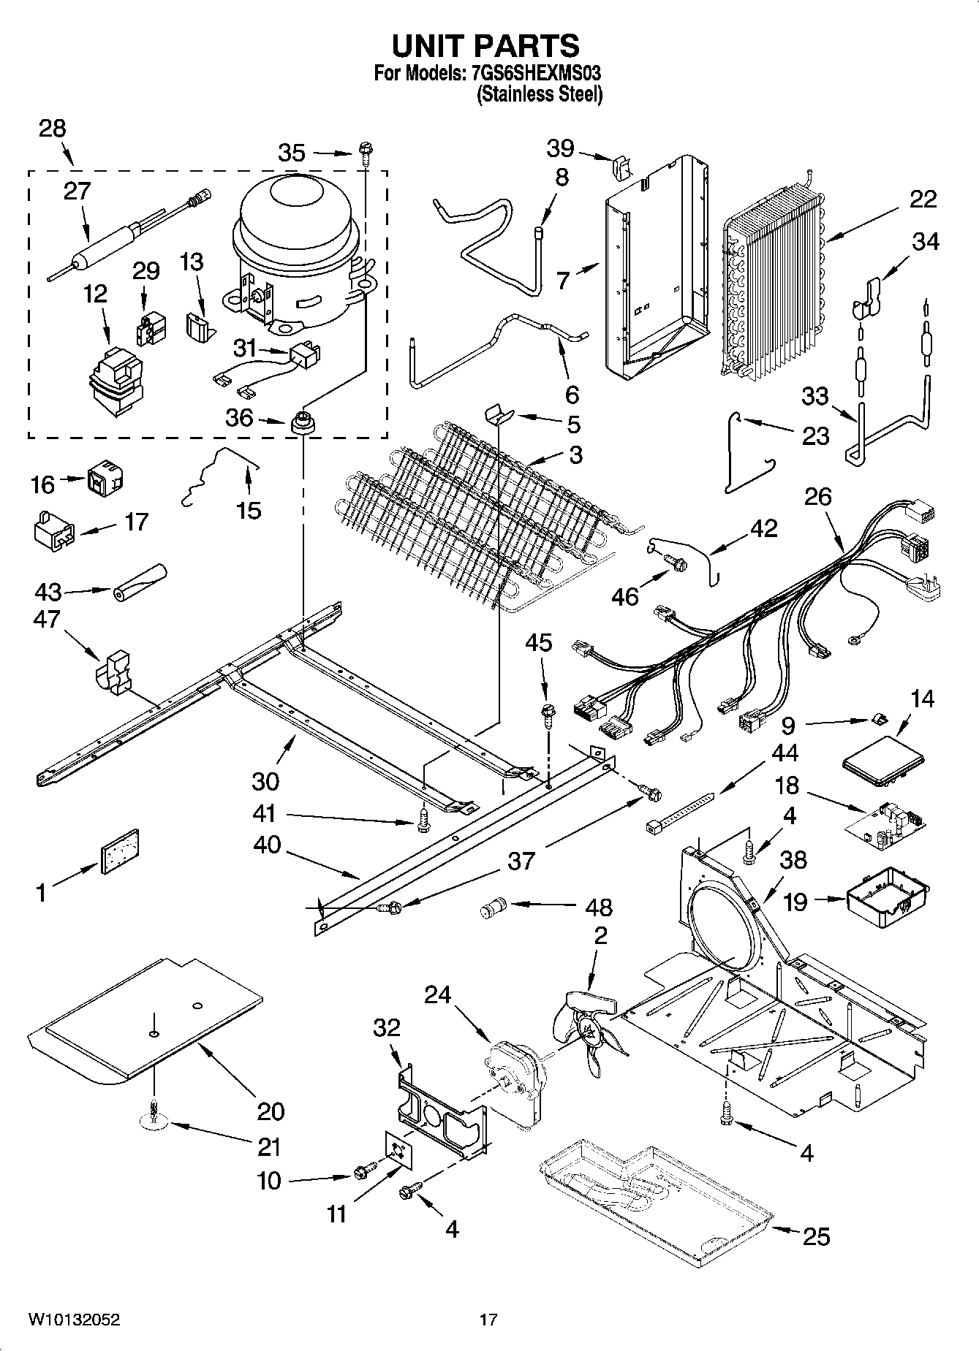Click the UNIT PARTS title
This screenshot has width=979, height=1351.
pos(486,45)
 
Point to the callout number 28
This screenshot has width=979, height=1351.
pos(52,129)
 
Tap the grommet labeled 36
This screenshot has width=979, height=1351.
pos(301,423)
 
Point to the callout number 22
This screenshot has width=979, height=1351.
pos(923,199)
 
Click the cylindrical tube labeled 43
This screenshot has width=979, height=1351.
pos(140,582)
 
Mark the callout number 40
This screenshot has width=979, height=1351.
pos(268,845)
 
